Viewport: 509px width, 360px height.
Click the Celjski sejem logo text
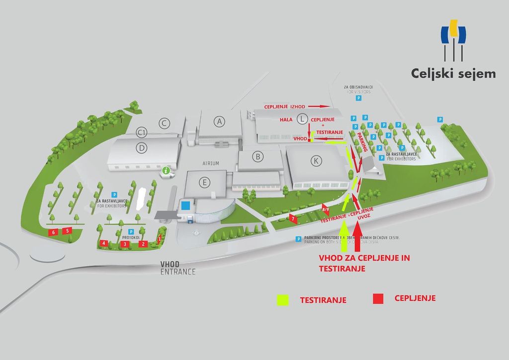click(453, 74)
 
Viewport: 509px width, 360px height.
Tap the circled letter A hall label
click(219, 121)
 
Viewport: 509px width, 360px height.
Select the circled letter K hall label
click(315, 160)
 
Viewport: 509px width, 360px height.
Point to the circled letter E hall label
click(204, 182)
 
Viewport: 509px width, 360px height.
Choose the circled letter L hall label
click(301, 118)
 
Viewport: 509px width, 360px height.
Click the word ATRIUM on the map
click(211, 163)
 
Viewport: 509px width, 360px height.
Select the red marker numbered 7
click(293, 218)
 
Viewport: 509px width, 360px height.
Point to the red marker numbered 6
click(53, 232)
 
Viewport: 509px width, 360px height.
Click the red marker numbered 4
click(103, 243)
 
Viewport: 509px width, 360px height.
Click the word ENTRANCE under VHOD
click(178, 272)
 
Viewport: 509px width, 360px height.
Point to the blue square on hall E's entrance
click(185, 205)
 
